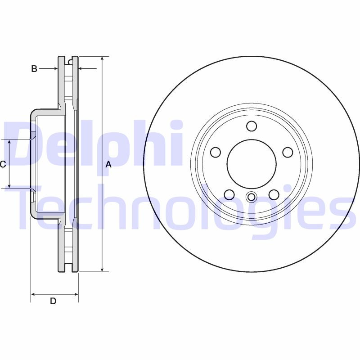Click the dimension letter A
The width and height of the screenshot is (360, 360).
tap(108, 165)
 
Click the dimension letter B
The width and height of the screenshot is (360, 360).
tap(34, 69)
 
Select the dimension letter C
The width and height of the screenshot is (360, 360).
tap(3, 165)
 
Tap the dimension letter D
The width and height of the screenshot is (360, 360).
tap(53, 301)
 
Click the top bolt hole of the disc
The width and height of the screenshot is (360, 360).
tap(252, 126)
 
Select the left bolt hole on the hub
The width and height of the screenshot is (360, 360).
tap(216, 153)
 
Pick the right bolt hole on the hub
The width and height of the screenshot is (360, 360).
tap(288, 153)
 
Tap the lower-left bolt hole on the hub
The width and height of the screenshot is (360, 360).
tap(229, 194)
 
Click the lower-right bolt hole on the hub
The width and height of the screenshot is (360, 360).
tap(274, 194)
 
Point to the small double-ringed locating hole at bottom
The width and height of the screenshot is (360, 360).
tap(252, 197)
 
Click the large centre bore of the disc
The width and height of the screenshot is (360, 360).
tap(252, 164)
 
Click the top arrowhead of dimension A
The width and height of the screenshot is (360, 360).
tap(103, 59)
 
